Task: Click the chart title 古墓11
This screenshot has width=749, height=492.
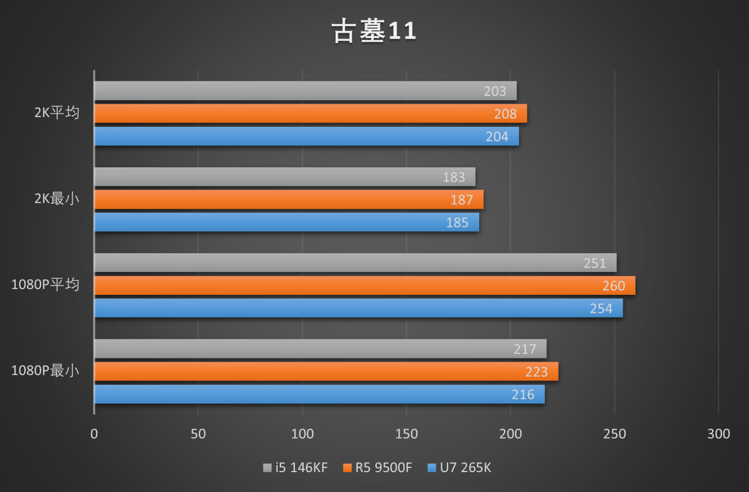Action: point(374,32)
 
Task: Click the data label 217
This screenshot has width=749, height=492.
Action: point(525,349)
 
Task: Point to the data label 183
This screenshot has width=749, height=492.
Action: point(454,177)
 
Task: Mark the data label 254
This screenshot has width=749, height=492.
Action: point(601,308)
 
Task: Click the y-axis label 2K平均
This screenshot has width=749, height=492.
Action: point(57,113)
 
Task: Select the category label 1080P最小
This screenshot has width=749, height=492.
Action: point(45,371)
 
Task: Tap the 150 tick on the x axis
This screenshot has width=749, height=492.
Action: point(407,434)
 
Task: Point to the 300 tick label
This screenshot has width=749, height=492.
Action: point(719,434)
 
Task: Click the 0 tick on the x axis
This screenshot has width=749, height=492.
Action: point(94,434)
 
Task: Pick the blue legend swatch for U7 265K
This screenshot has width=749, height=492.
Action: point(432,468)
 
